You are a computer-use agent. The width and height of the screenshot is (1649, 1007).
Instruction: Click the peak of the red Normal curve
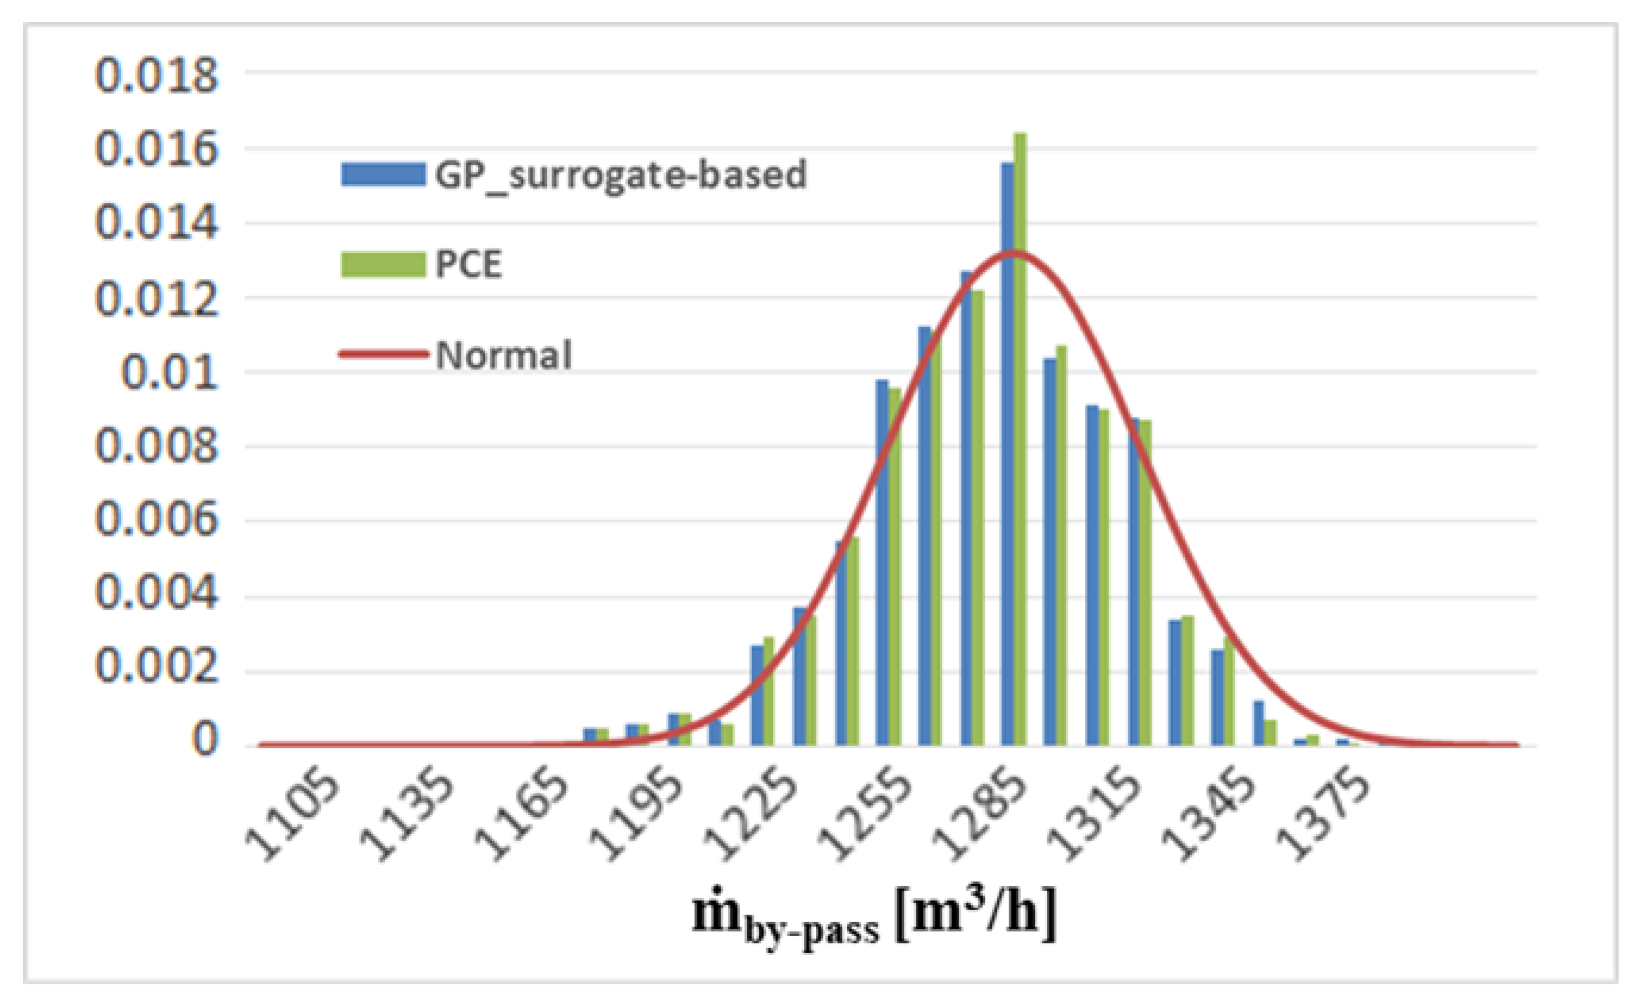pyautogui.click(x=1014, y=252)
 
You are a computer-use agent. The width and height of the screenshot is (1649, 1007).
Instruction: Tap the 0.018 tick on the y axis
pyautogui.click(x=157, y=75)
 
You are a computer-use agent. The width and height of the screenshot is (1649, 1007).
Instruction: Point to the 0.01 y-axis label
pyautogui.click(x=170, y=373)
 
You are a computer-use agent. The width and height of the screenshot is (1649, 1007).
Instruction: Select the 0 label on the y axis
pyautogui.click(x=204, y=739)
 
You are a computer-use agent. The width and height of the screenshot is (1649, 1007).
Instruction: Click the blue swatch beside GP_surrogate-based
pyautogui.click(x=383, y=175)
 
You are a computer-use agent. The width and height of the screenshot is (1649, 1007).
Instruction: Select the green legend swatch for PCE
pyautogui.click(x=383, y=264)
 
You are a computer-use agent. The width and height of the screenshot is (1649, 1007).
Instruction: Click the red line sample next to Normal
pyautogui.click(x=383, y=354)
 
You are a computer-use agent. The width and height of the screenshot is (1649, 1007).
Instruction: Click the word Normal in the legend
pyautogui.click(x=503, y=355)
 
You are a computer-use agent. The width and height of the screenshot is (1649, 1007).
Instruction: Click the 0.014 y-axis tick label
pyautogui.click(x=157, y=223)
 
